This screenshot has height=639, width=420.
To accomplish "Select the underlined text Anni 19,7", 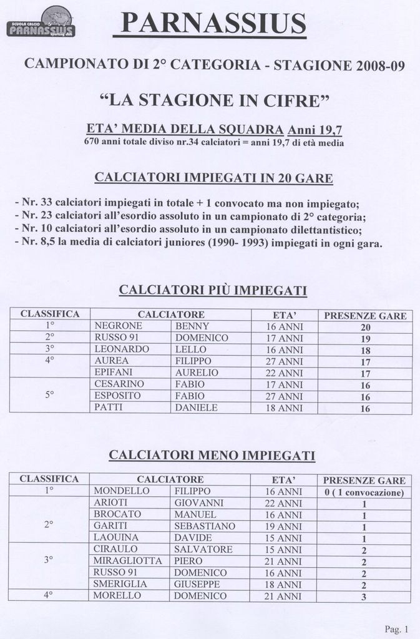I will [x=315, y=130].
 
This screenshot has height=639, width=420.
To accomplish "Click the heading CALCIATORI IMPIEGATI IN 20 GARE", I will [x=213, y=178].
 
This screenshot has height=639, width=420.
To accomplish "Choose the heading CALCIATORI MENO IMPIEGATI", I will [x=212, y=456].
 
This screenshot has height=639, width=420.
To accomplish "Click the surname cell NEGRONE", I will [x=119, y=326].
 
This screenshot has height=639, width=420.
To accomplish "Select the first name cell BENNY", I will [x=192, y=326].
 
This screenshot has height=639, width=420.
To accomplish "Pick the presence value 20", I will [x=366, y=327].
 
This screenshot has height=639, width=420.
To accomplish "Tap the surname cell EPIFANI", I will [x=113, y=373].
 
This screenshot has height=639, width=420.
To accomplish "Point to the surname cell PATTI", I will [x=109, y=407].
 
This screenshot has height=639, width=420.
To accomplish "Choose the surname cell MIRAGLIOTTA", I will [x=127, y=561].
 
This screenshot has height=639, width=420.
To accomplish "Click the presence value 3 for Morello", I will [x=364, y=597].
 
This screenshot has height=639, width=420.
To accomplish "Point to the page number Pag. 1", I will [x=396, y=628].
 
